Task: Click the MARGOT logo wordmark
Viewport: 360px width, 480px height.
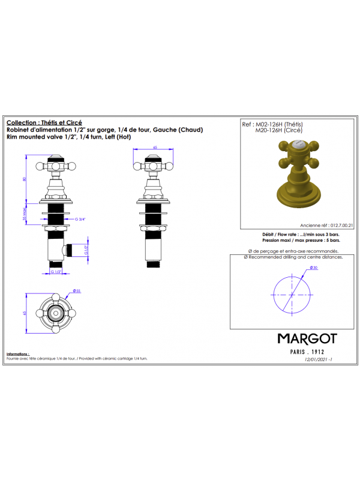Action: (307, 338)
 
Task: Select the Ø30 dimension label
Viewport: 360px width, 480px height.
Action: (314, 267)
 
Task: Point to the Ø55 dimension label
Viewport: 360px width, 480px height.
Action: (77, 290)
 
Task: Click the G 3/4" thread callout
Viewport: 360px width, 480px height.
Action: (80, 220)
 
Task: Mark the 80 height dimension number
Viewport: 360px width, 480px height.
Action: (25, 178)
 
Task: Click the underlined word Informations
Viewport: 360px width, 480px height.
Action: (18, 354)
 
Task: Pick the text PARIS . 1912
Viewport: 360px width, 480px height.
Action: (307, 351)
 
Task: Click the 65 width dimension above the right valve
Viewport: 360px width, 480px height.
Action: (154, 146)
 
